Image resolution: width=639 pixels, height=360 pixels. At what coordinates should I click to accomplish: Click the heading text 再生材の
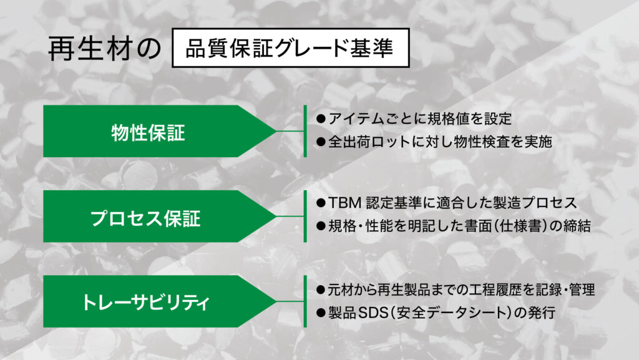(x=105, y=49)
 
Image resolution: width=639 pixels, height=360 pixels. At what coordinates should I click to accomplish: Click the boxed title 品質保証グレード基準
(x=290, y=48)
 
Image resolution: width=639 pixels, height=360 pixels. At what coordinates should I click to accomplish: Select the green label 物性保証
(x=149, y=132)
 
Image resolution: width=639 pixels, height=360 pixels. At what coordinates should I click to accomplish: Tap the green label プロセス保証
(x=145, y=218)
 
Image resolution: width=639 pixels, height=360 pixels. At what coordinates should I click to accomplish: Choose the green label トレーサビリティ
(x=145, y=303)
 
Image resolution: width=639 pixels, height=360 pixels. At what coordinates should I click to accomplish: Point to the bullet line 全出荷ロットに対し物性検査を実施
(x=440, y=142)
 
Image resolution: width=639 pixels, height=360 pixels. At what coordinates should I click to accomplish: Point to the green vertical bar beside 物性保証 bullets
(x=305, y=131)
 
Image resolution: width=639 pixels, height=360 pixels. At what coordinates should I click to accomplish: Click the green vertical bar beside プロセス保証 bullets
(x=305, y=216)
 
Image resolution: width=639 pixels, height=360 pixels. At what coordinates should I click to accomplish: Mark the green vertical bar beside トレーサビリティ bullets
(x=305, y=301)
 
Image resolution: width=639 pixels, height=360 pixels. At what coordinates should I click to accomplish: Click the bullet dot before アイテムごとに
(x=321, y=119)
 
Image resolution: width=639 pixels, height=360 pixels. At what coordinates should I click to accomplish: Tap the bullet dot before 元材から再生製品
(x=321, y=290)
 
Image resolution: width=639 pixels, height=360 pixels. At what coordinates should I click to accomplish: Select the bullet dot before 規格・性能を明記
(x=321, y=226)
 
